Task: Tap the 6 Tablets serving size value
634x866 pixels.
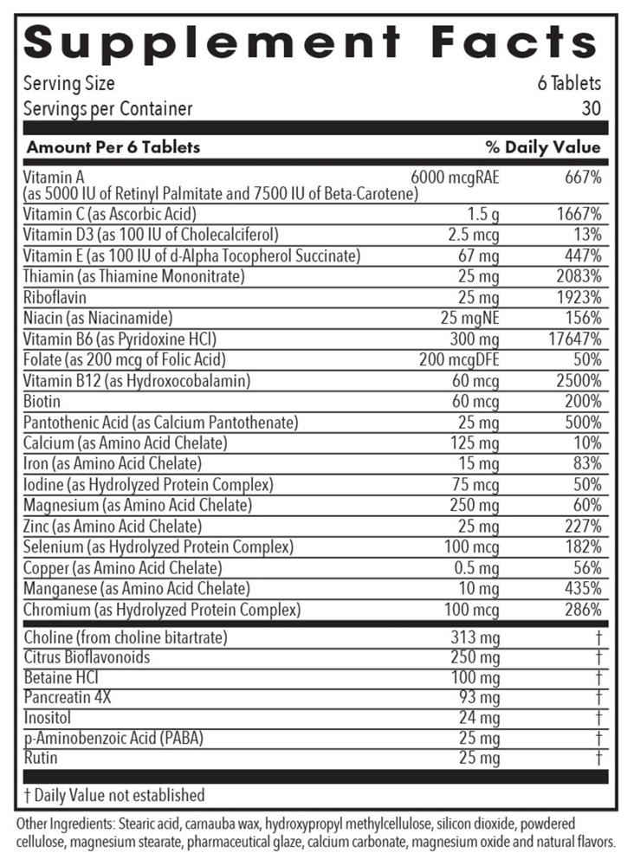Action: (x=569, y=84)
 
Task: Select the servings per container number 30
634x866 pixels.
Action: (x=591, y=108)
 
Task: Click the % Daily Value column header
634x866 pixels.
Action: (x=543, y=146)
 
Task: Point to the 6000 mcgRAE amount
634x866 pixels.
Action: (x=455, y=177)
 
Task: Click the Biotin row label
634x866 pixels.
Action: (x=42, y=401)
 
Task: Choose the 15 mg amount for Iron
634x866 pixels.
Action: (x=480, y=463)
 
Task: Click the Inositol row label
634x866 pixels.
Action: (x=47, y=717)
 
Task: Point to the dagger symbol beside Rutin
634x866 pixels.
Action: (x=598, y=759)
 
